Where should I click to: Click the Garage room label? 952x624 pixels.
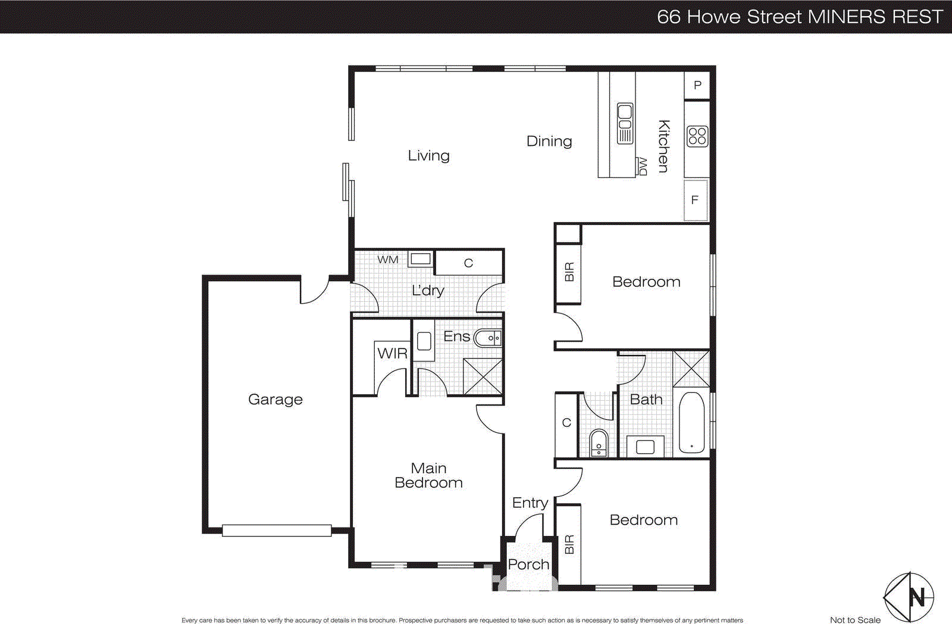275,400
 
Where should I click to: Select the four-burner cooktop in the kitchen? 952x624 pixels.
697,136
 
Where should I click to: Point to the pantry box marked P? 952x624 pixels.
697,85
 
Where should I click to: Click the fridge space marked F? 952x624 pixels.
695,200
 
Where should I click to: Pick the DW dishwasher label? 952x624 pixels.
641,166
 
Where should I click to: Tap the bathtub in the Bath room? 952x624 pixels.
691,422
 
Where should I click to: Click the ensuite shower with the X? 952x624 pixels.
483,376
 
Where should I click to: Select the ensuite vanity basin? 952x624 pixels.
488,338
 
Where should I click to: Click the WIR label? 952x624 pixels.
392,354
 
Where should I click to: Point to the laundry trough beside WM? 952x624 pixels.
420,259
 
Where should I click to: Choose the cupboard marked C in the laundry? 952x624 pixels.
469,263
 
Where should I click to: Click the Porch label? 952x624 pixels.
528,564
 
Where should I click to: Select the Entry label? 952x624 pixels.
530,503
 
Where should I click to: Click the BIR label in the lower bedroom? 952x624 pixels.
569,544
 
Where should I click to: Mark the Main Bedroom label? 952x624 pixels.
428,476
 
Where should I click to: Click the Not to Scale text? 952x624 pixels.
855,620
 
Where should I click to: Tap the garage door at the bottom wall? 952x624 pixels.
277,530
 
